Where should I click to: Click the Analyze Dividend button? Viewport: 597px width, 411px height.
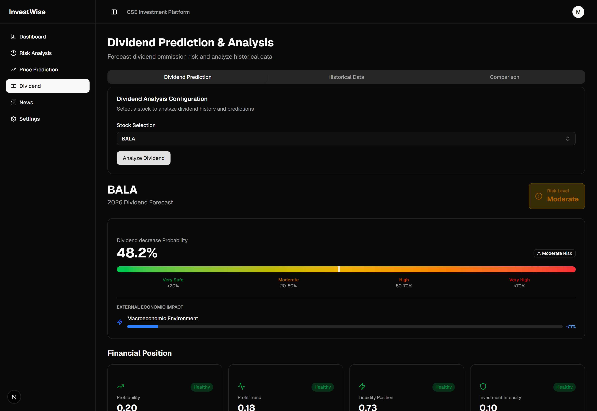point(143,158)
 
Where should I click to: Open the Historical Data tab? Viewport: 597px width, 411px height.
point(346,77)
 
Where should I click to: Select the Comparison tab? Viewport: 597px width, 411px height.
point(504,77)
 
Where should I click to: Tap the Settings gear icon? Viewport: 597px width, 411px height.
point(13,119)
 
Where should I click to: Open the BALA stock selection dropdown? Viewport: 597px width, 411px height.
point(346,139)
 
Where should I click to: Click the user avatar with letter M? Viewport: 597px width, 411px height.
point(578,12)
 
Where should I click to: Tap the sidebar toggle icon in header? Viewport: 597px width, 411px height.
point(114,12)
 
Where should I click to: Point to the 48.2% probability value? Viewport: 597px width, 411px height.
point(137,253)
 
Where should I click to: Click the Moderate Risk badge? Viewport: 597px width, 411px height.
point(555,253)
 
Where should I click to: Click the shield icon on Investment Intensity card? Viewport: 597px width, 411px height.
point(483,386)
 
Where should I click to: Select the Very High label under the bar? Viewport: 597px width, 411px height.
point(519,280)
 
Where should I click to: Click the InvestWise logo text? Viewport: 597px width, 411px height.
point(27,12)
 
